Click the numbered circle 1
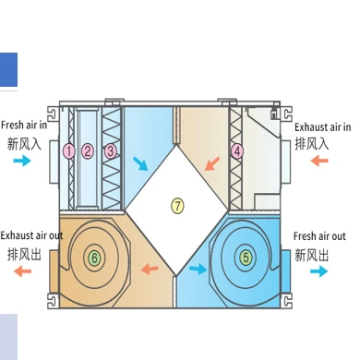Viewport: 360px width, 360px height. [x=68, y=150]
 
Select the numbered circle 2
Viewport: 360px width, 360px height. [x=88, y=150]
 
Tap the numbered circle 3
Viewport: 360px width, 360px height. [x=111, y=150]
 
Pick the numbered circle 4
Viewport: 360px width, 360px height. [x=237, y=150]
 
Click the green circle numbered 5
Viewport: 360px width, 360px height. [x=246, y=258]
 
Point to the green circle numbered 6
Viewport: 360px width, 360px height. [x=93, y=258]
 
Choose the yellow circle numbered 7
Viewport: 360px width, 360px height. [x=178, y=206]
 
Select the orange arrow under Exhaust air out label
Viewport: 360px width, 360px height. [x=20, y=274]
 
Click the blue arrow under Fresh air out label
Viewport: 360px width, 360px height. [x=319, y=272]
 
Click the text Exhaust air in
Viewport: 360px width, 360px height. [x=322, y=126]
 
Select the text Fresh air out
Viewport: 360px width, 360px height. [x=319, y=236]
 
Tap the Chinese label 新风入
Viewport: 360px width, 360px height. [x=25, y=143]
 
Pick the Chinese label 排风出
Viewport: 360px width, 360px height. [x=25, y=254]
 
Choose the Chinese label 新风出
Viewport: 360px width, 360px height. [x=313, y=254]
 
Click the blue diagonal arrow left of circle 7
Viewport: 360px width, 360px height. [x=139, y=164]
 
